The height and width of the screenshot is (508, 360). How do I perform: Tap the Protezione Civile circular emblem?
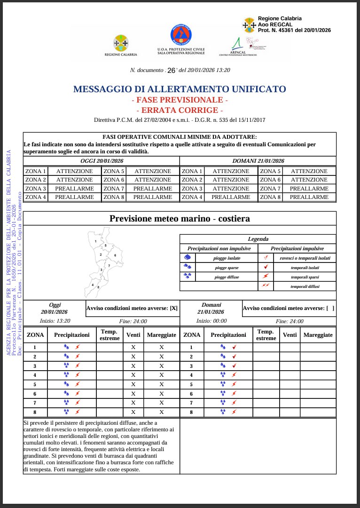point(180,35)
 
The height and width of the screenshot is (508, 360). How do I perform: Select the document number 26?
point(171,70)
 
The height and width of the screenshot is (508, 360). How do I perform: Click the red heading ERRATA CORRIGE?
point(180,110)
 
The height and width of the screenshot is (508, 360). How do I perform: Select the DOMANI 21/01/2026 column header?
point(258,161)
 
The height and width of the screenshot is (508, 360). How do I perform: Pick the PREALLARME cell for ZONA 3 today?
point(74,189)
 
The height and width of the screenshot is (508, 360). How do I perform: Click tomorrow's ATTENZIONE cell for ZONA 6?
point(309,180)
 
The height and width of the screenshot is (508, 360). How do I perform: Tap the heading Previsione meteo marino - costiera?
point(180,218)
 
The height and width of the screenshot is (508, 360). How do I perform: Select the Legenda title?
point(258,239)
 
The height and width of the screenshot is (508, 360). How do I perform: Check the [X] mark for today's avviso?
point(173,308)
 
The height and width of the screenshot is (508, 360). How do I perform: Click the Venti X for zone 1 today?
point(133,348)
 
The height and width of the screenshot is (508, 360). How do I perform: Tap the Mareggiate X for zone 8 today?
point(162,412)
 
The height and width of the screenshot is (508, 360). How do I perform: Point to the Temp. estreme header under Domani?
point(266,335)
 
